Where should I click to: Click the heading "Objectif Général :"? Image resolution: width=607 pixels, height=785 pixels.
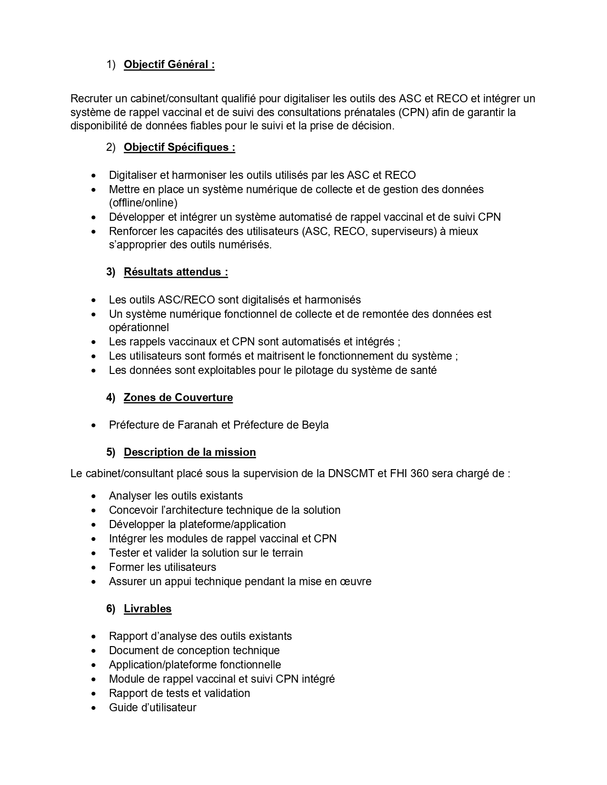tap(169, 65)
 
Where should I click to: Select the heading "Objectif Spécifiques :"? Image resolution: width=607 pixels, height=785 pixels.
tap(179, 147)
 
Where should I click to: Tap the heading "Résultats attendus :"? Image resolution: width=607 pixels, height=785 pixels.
tap(176, 272)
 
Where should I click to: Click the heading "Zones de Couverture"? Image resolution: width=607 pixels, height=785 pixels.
tap(178, 398)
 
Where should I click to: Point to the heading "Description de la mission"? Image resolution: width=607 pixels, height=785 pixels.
tap(189, 452)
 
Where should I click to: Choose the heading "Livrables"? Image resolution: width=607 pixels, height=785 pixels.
tap(148, 609)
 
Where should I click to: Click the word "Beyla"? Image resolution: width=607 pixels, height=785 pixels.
tap(315, 425)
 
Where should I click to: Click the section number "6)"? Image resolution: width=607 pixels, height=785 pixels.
tap(111, 609)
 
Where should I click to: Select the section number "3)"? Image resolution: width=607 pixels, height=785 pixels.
tap(111, 272)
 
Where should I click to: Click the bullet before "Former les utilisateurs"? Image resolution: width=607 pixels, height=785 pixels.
tap(94, 568)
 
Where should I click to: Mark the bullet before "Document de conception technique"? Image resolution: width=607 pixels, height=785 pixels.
tap(94, 651)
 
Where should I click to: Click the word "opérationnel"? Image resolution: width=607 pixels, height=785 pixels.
tap(139, 328)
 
